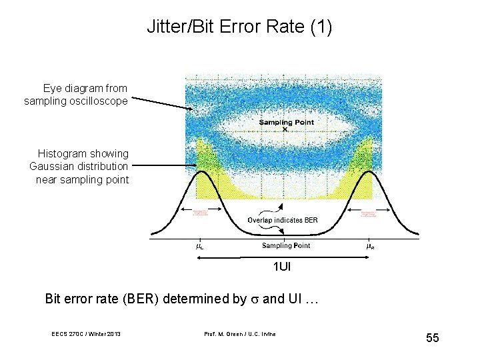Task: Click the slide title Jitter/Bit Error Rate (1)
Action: [239, 28]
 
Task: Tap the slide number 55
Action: [433, 338]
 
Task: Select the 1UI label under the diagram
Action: [281, 267]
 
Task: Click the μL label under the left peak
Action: [199, 246]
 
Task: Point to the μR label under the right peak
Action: [370, 246]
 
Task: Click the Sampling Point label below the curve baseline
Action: [285, 245]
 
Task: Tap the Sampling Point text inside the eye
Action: [286, 122]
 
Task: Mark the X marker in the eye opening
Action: [285, 129]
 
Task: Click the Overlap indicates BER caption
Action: [283, 220]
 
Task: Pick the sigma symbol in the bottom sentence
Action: [254, 299]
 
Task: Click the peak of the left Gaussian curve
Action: [200, 172]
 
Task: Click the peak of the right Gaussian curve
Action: [370, 172]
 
